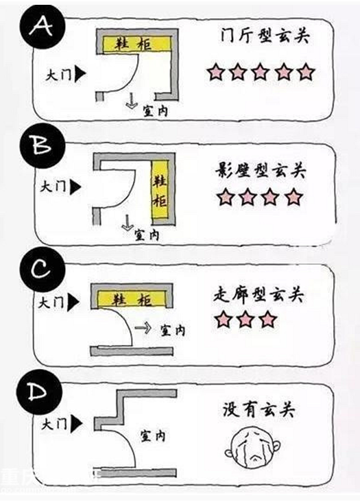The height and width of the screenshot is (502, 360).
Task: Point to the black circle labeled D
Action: [x=40, y=391]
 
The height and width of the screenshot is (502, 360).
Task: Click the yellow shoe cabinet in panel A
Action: [x=136, y=44]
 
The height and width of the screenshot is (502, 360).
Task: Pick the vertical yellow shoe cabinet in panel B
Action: [x=159, y=189]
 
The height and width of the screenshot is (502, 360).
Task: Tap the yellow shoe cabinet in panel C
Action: [x=132, y=299]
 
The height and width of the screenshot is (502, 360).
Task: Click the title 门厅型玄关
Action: [x=264, y=35]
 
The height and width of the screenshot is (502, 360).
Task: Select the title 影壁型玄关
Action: [x=261, y=170]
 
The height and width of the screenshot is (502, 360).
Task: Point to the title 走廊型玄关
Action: [x=258, y=294]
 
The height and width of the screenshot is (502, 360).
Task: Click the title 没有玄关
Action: [x=259, y=409]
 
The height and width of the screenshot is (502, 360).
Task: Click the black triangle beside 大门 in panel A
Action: [x=81, y=74]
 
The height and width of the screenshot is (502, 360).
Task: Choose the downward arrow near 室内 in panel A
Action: [x=130, y=101]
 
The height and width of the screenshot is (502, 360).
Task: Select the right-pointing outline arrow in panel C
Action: [x=143, y=328]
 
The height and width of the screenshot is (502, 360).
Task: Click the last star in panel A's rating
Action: [x=306, y=72]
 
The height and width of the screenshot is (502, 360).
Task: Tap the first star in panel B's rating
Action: [x=226, y=197]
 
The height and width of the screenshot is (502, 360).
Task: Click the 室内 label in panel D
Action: [x=153, y=436]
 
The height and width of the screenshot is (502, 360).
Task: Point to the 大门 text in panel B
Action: [x=53, y=187]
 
